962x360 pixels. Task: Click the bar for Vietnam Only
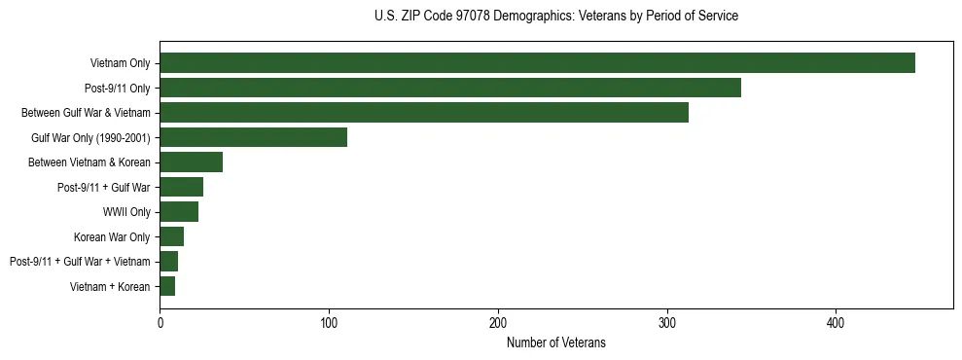click(x=537, y=63)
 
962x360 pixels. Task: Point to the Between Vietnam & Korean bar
click(x=191, y=162)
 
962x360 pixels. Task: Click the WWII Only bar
click(x=179, y=212)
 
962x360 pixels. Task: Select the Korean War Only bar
click(x=171, y=236)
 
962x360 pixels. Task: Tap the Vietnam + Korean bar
click(x=167, y=286)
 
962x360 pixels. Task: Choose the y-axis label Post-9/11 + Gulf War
click(x=102, y=187)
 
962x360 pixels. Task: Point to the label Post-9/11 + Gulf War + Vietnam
click(x=80, y=262)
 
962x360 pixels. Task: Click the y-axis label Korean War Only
click(x=112, y=236)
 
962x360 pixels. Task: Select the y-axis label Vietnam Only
click(x=120, y=63)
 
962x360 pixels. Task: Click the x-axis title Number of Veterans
click(x=555, y=342)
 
